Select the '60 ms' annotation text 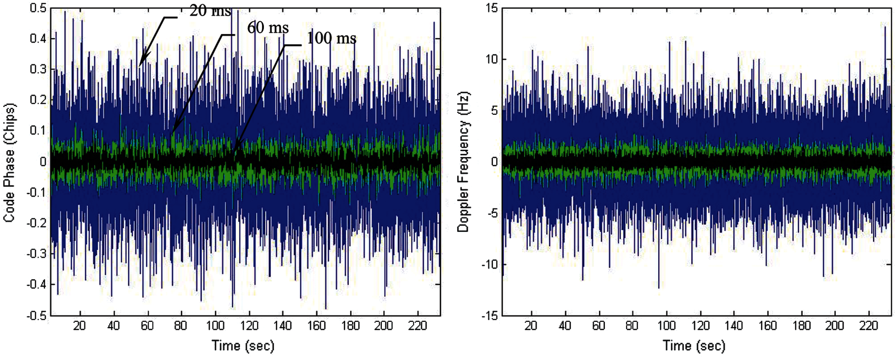pos(268,28)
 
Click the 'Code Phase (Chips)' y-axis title pos(9,162)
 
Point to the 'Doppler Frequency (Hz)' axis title pos(463,162)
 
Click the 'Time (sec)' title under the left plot pos(243,346)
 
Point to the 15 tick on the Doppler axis pos(492,8)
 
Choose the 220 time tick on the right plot pos(869,326)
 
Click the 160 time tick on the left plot pos(316,326)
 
